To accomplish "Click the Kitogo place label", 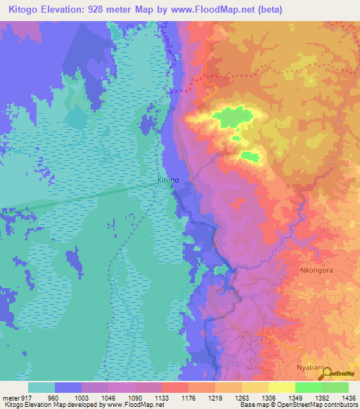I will [x=167, y=181].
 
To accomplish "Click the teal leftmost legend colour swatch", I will [x=41, y=387].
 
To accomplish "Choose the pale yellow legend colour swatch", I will [x=281, y=387].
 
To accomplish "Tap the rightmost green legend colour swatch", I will [x=335, y=387].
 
